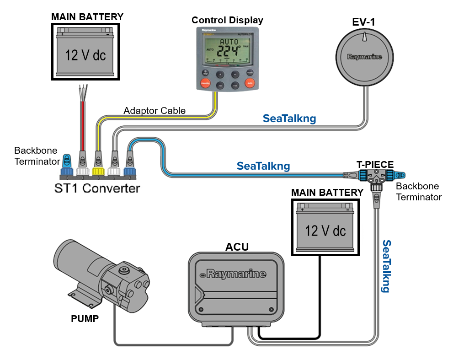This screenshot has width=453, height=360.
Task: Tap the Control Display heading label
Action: [x=227, y=20]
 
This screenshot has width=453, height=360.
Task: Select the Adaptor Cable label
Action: [x=155, y=111]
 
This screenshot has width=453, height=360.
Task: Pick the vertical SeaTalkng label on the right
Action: [x=386, y=266]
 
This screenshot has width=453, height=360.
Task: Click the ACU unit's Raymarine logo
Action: [x=236, y=274]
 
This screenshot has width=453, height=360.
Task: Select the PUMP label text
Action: [x=85, y=318]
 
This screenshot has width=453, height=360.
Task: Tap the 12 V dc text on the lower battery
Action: [x=325, y=230]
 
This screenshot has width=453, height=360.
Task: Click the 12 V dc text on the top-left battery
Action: [x=85, y=55]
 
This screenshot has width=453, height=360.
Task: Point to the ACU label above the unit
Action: [x=237, y=247]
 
